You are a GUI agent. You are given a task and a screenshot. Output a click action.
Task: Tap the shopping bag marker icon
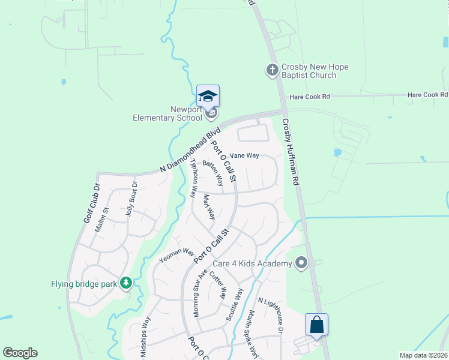pyautogui.click(x=316, y=325)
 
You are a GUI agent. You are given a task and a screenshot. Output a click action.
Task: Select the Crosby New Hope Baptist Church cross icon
pyautogui.click(x=272, y=70)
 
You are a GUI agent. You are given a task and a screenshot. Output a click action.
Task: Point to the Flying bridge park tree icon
pyautogui.click(x=125, y=282)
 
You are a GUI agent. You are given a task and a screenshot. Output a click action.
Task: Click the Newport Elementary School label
pyautogui.click(x=169, y=113)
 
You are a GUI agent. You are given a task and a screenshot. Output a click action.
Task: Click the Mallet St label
pyautogui.click(x=105, y=218)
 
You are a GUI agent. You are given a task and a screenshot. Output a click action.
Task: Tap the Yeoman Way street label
pyautogui.click(x=176, y=256)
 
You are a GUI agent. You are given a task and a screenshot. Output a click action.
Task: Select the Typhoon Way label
pyautogui.click(x=193, y=178)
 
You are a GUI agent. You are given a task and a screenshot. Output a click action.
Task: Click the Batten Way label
pyautogui.click(x=213, y=172)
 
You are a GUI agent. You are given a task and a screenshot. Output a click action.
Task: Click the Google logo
pyautogui.click(x=20, y=353)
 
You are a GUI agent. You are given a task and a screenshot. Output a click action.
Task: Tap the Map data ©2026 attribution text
pyautogui.click(x=424, y=355)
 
